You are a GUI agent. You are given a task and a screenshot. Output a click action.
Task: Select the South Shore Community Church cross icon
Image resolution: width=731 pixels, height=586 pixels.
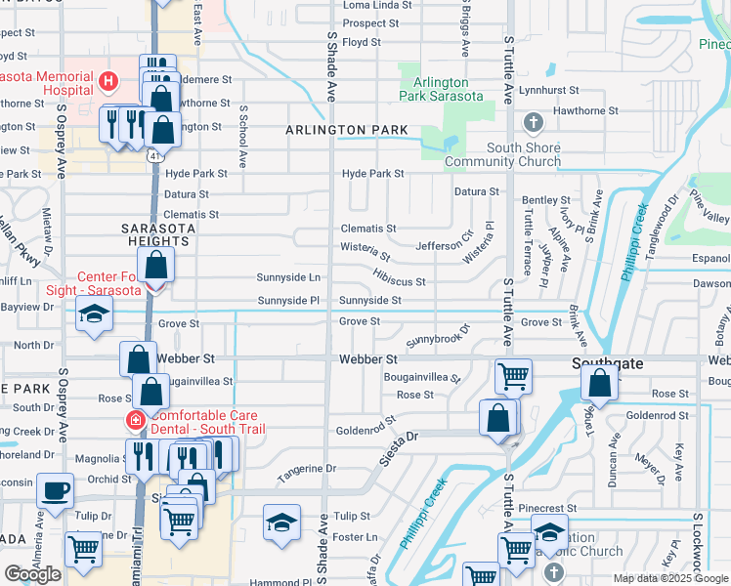533,123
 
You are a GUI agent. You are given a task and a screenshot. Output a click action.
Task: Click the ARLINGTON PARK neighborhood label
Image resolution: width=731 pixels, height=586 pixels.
333,130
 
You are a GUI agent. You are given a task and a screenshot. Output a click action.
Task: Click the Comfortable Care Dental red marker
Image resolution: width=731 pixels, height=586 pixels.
135,422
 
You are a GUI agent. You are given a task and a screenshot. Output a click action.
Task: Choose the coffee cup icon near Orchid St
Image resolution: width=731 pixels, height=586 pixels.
56,489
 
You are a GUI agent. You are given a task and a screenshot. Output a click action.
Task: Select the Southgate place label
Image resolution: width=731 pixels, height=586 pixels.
607,363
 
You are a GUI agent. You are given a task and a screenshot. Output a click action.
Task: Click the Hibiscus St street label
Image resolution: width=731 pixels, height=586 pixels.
399,281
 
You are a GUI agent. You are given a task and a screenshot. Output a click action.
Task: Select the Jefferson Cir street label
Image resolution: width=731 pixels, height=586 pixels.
445,246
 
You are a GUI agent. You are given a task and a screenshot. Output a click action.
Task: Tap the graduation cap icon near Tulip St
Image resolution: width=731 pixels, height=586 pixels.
281,522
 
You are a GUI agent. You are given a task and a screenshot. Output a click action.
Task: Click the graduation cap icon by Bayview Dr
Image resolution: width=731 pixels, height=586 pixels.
94,314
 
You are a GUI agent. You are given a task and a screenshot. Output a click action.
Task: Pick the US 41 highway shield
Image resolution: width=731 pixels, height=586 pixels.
154,155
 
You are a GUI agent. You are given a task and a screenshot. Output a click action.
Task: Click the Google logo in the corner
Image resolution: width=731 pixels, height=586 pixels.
32,575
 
